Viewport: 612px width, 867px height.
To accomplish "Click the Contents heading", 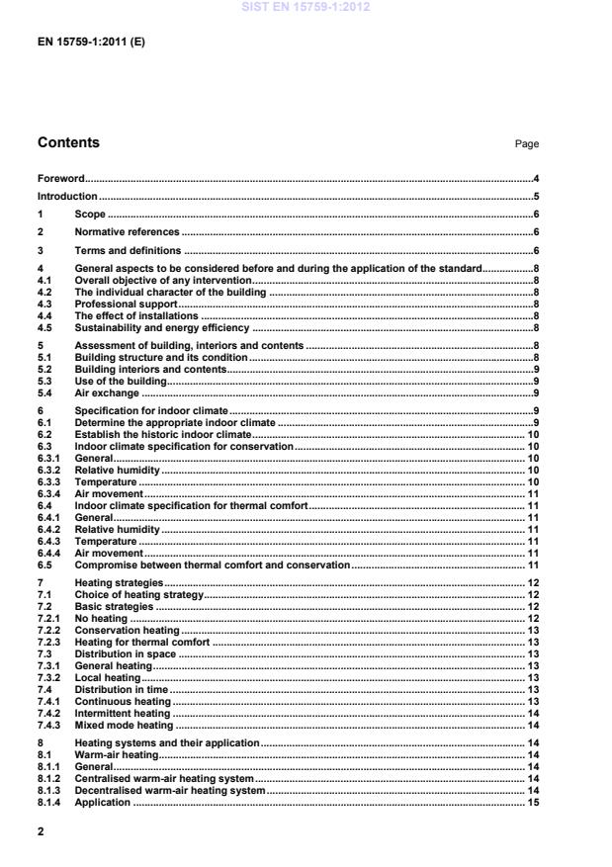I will point(68,143).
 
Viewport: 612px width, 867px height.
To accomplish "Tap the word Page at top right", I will point(526,144).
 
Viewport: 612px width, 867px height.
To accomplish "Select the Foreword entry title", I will point(60,179).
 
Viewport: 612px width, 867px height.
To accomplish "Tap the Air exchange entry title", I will point(107,391).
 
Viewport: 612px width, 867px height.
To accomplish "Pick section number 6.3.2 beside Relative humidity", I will point(49,470).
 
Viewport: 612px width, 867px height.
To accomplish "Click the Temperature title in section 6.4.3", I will point(106,542).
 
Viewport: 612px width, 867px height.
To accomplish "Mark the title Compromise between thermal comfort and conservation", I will point(213,564).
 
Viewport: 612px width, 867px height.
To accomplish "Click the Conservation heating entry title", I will point(128,630).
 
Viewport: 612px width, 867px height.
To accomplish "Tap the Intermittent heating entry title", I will point(123,712).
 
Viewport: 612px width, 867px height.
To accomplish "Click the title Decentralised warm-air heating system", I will point(170,790).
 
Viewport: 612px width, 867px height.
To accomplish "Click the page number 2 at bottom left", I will point(41,832).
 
